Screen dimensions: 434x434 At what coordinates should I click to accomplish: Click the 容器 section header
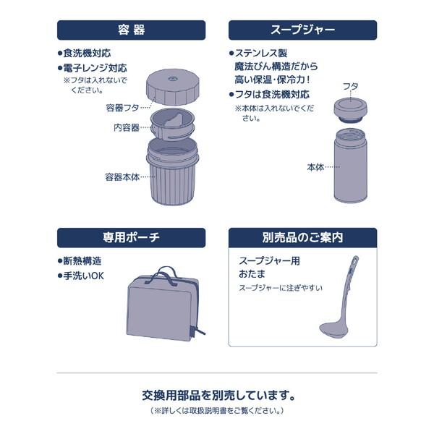pyautogui.click(x=131, y=30)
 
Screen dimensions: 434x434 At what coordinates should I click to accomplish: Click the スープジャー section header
pyautogui.click(x=302, y=30)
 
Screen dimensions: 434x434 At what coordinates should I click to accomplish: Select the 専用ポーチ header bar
pyautogui.click(x=131, y=237)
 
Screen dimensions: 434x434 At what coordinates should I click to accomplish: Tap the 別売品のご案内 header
pyautogui.click(x=302, y=237)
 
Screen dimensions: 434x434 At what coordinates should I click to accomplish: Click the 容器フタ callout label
pyautogui.click(x=122, y=108)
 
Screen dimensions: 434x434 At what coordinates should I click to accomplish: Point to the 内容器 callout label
pyautogui.click(x=126, y=127)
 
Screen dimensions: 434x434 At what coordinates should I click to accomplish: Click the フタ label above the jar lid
pyautogui.click(x=350, y=86)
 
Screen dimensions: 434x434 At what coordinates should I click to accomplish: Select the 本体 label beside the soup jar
pyautogui.click(x=315, y=167)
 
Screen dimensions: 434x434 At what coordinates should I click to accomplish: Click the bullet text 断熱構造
pyautogui.click(x=82, y=261)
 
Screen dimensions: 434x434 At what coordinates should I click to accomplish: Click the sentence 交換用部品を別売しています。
pyautogui.click(x=217, y=396)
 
